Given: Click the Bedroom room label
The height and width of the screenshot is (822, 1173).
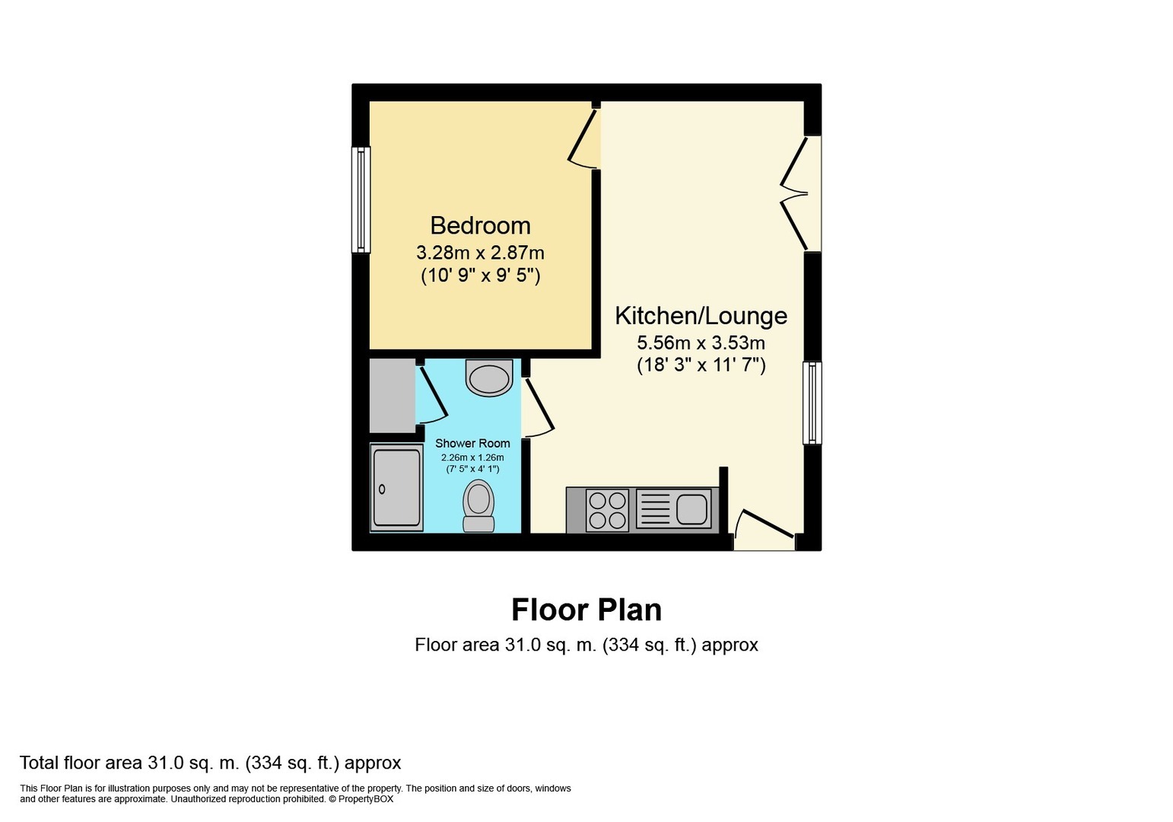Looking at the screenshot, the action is [480, 226].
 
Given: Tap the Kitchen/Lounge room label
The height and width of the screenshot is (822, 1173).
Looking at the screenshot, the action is [701, 316].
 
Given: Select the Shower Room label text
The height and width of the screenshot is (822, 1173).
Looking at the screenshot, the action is [472, 443].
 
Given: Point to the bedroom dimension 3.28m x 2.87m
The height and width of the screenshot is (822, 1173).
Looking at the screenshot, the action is [480, 253].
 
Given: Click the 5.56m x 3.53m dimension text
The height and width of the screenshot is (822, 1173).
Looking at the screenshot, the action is [701, 343].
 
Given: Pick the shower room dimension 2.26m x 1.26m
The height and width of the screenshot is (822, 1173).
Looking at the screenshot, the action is [472, 457].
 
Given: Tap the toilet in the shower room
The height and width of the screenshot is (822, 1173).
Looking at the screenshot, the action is [478, 506].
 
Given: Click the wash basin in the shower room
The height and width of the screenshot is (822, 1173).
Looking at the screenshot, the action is [489, 378].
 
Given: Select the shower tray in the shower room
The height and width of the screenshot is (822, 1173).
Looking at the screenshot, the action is [396, 487].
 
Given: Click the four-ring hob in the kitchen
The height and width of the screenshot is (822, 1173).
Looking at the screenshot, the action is [607, 510].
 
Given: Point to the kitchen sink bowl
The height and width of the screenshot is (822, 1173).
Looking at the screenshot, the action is [691, 509].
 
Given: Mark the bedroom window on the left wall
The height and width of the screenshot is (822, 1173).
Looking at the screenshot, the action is [361, 199].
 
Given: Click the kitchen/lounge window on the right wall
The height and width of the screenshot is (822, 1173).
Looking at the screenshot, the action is [812, 403].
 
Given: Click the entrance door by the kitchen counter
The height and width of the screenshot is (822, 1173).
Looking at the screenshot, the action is [765, 524].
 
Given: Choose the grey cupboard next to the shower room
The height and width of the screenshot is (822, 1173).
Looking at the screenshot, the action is [393, 396].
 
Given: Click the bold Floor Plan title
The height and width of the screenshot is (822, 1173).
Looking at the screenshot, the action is [586, 610].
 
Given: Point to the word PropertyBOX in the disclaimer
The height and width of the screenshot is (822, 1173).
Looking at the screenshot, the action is [365, 799].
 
